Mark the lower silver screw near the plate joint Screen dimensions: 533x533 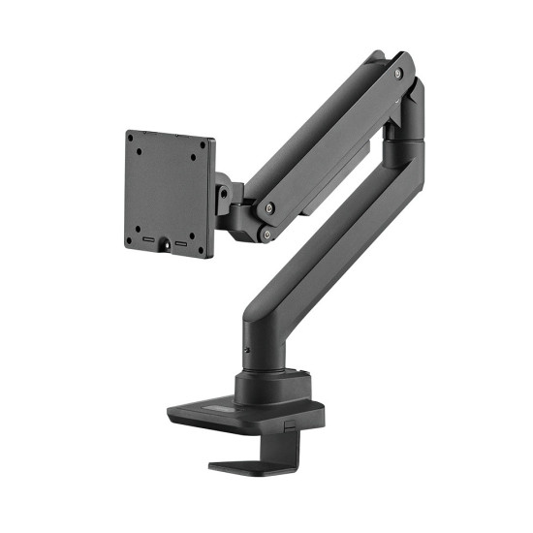pos(266,233)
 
